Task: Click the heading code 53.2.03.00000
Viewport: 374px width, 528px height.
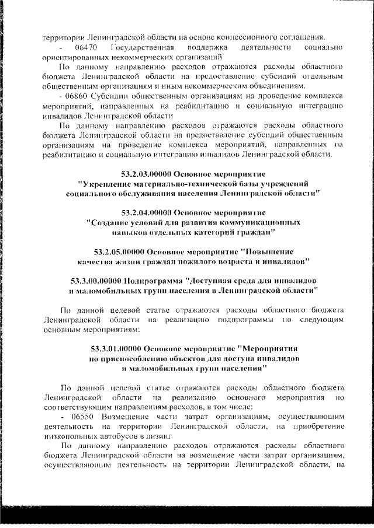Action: [149, 174]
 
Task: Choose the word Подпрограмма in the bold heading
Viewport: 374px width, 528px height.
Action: [153, 279]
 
